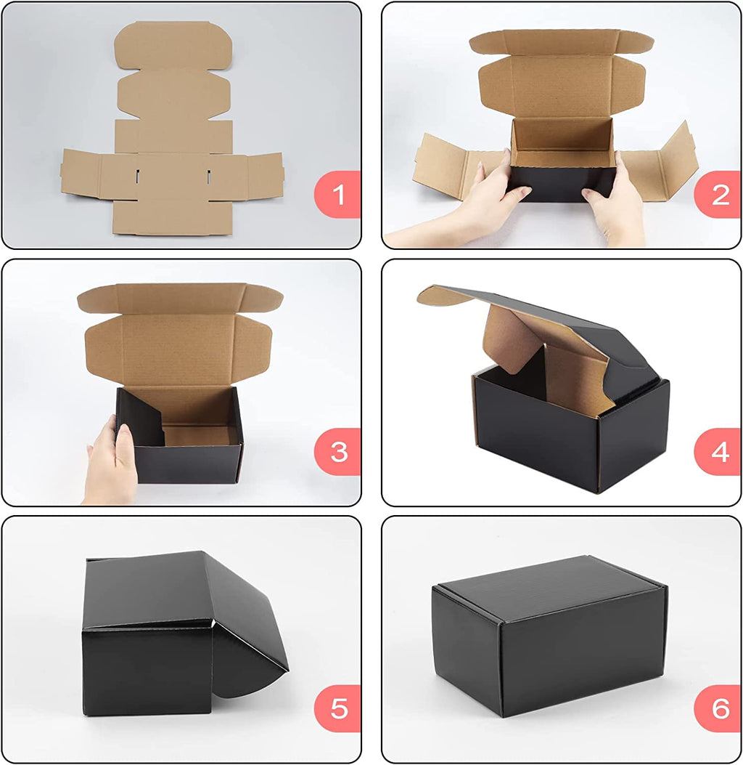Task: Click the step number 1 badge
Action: [338, 195]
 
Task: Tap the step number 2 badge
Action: [718, 195]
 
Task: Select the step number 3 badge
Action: [338, 452]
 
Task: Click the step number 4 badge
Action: [718, 452]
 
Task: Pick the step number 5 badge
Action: [338, 708]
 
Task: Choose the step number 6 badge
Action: [718, 708]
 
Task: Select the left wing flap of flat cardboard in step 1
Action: [81, 172]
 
